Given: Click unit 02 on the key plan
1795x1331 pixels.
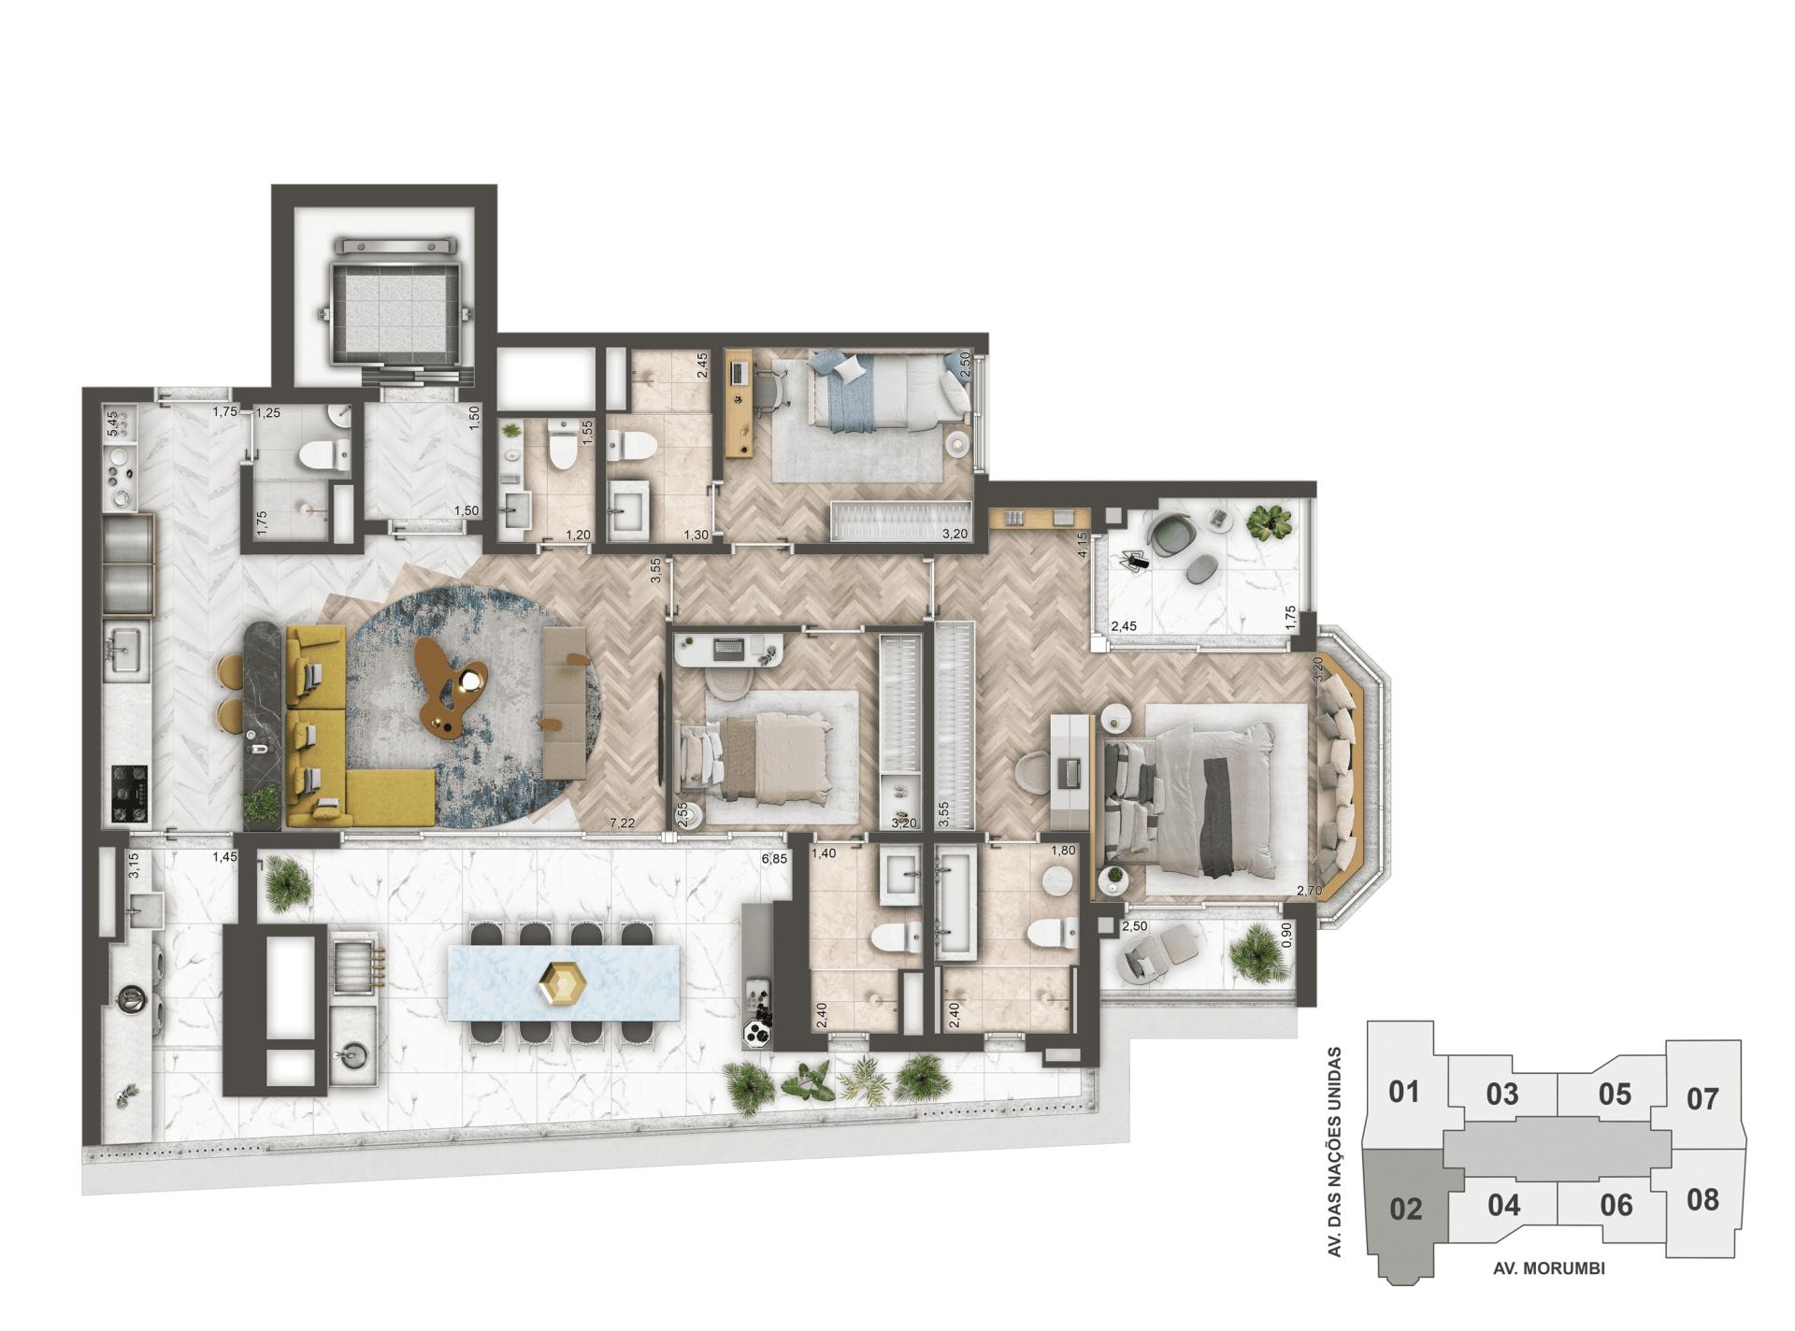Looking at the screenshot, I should coord(1405,1209).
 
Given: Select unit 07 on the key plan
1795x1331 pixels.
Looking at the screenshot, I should coord(1702,1098).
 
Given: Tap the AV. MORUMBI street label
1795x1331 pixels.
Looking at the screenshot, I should coord(1549,1268).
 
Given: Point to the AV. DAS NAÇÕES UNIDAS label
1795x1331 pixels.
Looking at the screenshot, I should coord(1335,1151).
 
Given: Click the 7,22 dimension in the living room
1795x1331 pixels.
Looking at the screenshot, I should coord(622,823).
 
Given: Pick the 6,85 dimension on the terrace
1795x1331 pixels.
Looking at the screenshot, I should coord(773,858).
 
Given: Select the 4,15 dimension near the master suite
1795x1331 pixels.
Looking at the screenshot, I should coord(1083,544).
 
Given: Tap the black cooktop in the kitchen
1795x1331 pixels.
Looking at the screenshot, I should coord(129,794).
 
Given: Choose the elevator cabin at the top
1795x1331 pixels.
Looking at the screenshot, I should coord(393,302).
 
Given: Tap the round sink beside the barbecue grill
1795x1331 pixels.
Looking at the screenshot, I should coord(355,1056).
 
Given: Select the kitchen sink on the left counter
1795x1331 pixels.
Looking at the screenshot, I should coord(123,646).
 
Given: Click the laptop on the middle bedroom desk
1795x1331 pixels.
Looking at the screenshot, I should coord(727,646).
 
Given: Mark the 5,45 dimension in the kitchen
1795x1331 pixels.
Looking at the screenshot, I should coord(113,423).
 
